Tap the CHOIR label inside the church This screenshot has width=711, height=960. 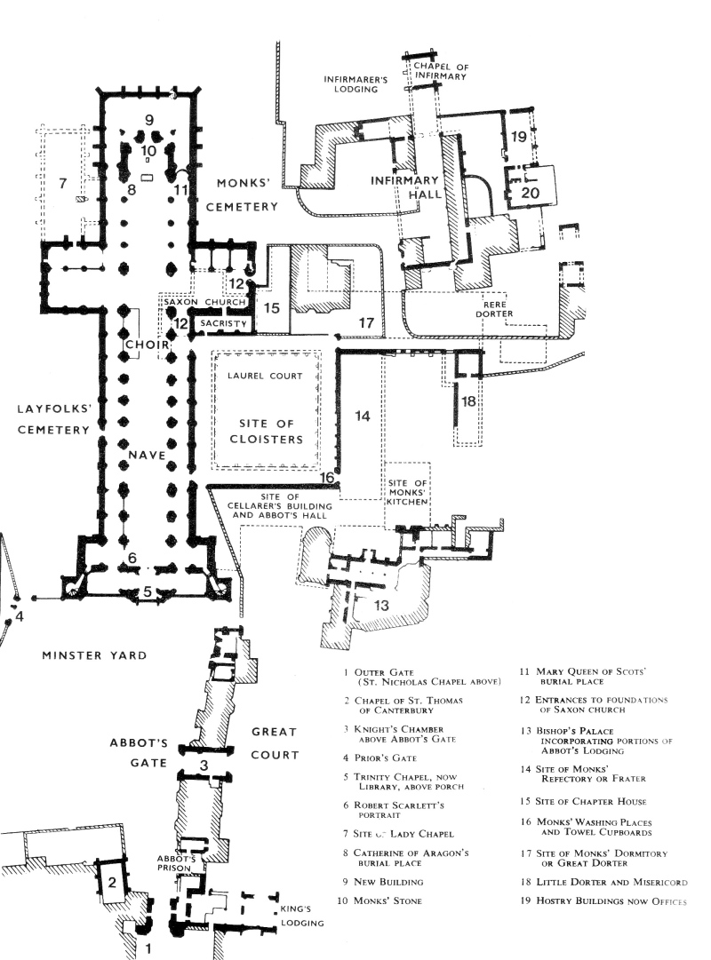point(142,344)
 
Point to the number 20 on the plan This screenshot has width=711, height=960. point(531,191)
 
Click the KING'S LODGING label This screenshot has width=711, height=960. point(298,916)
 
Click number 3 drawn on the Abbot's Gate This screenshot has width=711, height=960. point(204,765)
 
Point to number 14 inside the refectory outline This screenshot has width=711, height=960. point(362,415)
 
